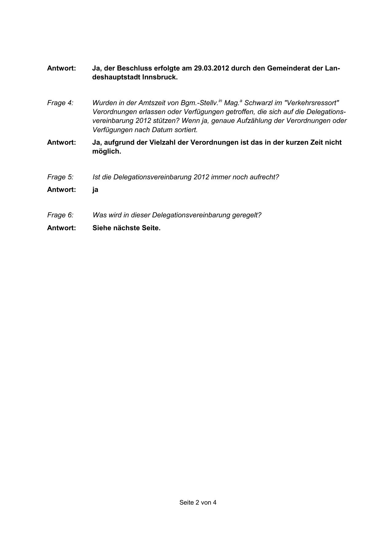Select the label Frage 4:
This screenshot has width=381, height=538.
60,103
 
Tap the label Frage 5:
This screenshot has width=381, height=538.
60,177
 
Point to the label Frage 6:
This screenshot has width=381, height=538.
60,215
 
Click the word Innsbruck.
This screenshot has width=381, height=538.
160,77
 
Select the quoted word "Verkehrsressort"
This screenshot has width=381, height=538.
312,103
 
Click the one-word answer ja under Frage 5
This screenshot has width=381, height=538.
95,189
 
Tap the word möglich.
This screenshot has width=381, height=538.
107,151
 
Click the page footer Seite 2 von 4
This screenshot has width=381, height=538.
198,502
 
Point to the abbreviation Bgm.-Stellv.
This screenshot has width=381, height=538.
199,103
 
